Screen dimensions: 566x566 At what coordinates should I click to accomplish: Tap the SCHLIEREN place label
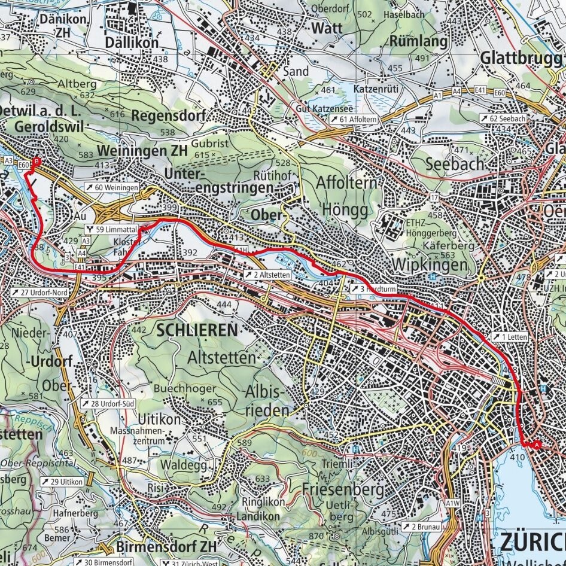click(x=197, y=330)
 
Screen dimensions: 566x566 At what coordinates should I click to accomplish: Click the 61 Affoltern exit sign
click(x=353, y=120)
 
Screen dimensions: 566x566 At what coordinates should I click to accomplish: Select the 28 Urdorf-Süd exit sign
click(x=107, y=404)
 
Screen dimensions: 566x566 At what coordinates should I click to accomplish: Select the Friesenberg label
click(x=343, y=489)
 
